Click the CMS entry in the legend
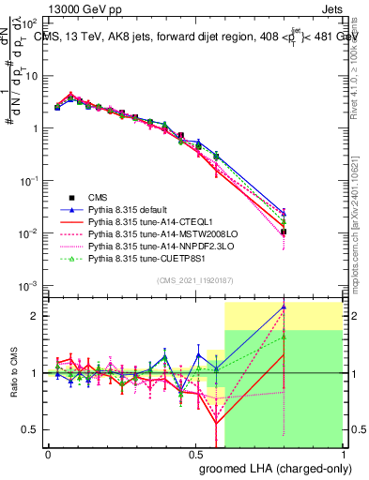click(98, 198)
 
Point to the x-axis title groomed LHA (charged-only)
click(271, 467)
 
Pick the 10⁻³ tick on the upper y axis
click(31, 284)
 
